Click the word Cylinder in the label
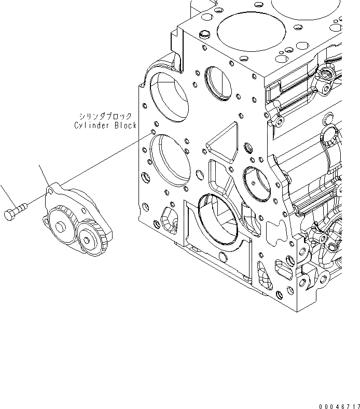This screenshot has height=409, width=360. point(91,125)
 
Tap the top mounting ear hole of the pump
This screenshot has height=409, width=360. point(50,191)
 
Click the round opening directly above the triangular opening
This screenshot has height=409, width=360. point(217,82)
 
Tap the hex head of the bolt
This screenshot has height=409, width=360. point(9,214)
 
